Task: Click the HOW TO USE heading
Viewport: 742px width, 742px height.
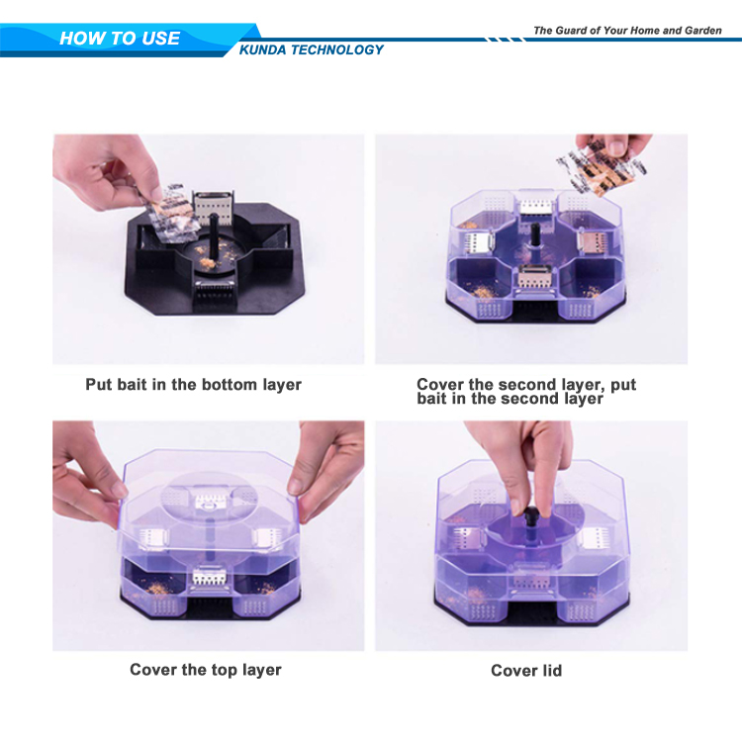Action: coord(120,39)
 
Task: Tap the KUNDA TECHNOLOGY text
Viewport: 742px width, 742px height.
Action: coord(312,49)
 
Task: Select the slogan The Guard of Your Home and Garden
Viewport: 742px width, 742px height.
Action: coord(627,31)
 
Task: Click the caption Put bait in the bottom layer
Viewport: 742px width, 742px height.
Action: coord(193,384)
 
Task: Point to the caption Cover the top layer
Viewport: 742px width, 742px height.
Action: coord(206,670)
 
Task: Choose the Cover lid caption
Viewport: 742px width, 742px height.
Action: coord(526,670)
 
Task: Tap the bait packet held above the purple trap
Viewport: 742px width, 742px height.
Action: coord(601,170)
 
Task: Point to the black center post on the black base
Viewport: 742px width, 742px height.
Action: coord(214,240)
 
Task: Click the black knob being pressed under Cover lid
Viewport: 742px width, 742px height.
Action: coord(531,514)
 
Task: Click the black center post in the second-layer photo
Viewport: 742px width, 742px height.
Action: coord(535,234)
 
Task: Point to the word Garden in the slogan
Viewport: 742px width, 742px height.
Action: coord(702,31)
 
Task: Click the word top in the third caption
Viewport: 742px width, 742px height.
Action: coord(225,671)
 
